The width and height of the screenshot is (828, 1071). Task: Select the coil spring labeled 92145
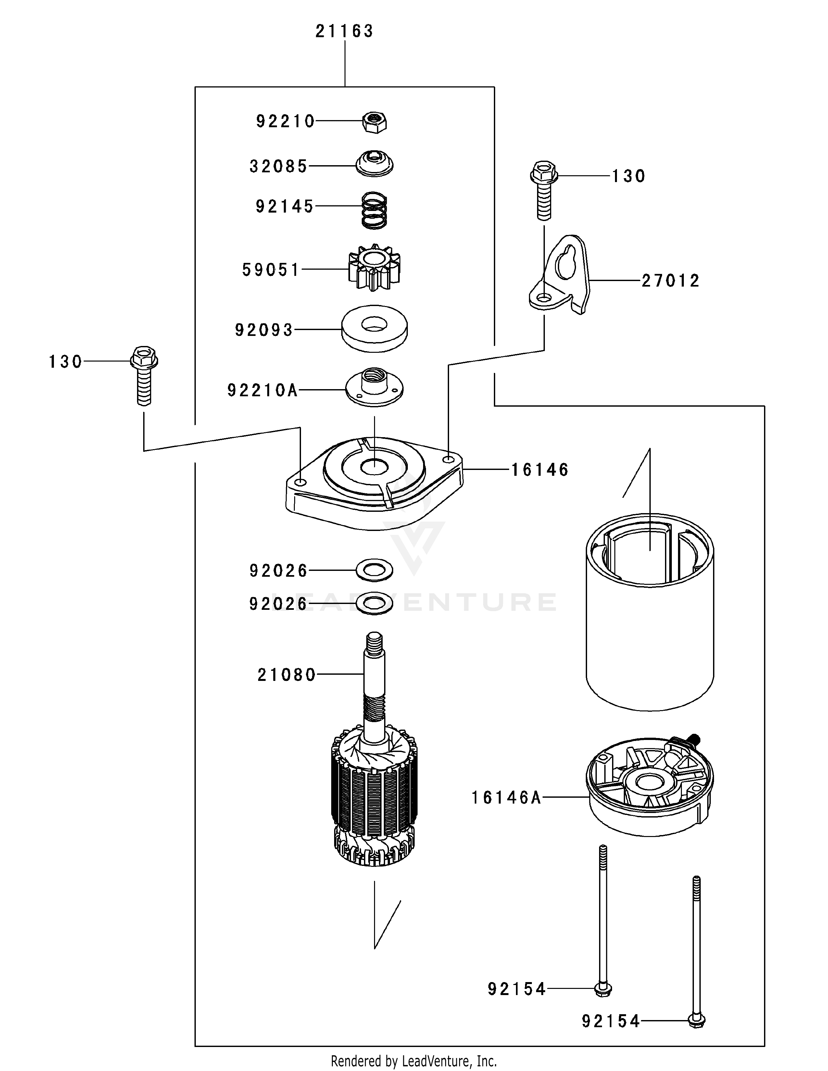pos(374,210)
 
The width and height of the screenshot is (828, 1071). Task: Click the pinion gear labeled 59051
pos(374,268)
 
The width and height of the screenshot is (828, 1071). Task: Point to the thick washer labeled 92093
pos(374,328)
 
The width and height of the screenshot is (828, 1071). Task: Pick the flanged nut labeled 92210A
pos(374,388)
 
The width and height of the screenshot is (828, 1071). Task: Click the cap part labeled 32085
pos(374,163)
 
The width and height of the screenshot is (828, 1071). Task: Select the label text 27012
pos(670,281)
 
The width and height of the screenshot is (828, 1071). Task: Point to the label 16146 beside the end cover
pos(540,470)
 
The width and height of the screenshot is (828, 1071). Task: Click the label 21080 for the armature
pos(286,675)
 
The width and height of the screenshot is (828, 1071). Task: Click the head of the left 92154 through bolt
pos(603,990)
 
